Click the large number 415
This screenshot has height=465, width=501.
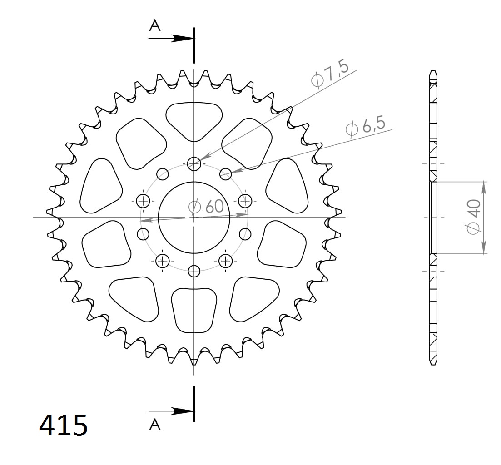tap(63, 425)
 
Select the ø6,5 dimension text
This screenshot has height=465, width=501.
tap(365, 127)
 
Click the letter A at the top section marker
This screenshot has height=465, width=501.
tap(155, 26)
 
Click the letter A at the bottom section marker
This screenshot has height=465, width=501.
tap(155, 425)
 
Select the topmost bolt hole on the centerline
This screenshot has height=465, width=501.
tap(194, 163)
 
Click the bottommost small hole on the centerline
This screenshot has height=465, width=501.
tap(194, 271)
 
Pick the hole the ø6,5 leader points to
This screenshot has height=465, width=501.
tap(226, 173)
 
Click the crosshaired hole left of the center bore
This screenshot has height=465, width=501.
tap(143, 201)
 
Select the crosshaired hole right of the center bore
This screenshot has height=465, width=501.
tap(245, 201)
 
